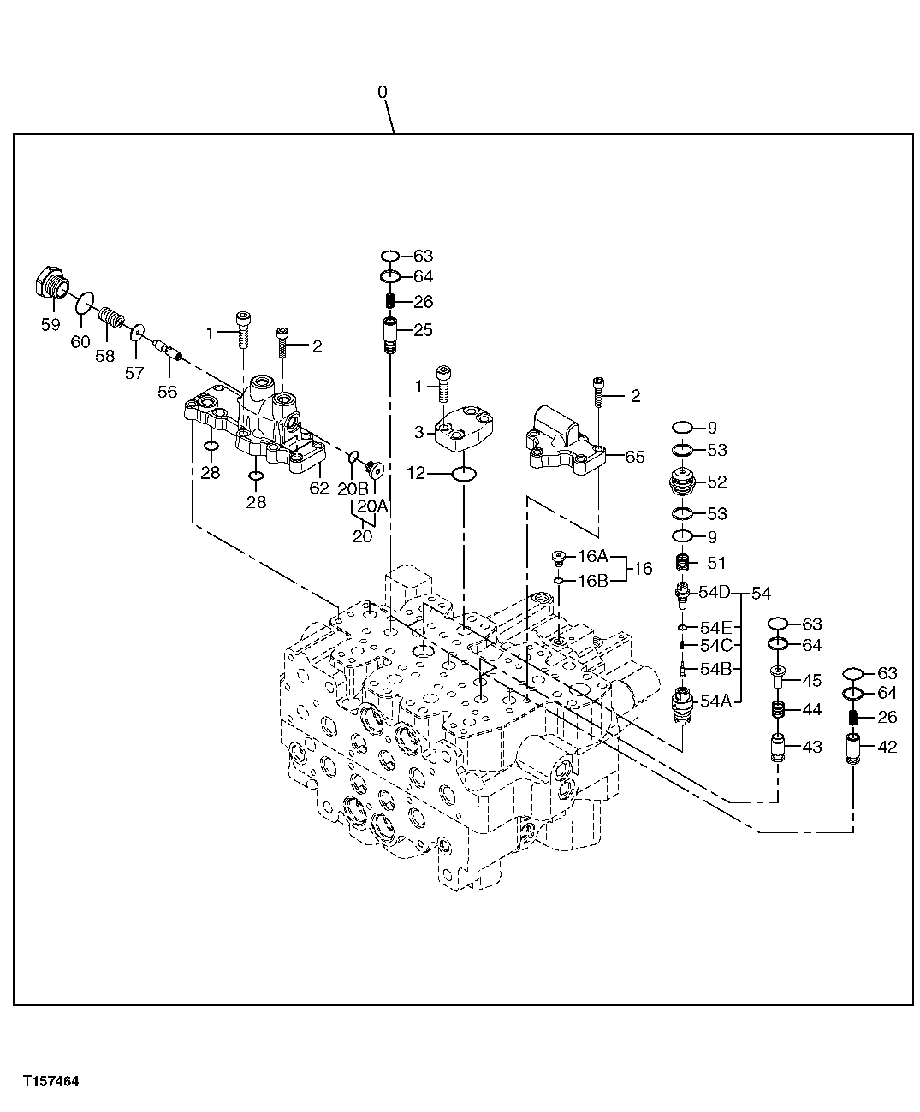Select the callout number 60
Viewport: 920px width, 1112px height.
[x=80, y=342]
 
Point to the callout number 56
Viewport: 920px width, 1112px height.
[x=167, y=392]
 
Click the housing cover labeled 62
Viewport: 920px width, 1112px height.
[x=257, y=423]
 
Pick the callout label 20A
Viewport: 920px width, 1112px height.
[x=372, y=506]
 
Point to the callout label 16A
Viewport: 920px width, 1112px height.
[x=592, y=556]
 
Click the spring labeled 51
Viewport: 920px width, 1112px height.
[x=683, y=563]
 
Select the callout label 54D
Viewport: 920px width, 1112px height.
[x=715, y=592]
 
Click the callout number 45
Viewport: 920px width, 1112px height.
[x=811, y=681]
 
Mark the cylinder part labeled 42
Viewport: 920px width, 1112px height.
[x=853, y=747]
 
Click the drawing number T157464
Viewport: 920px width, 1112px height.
[x=51, y=1081]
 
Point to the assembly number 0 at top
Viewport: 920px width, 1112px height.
[x=382, y=92]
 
